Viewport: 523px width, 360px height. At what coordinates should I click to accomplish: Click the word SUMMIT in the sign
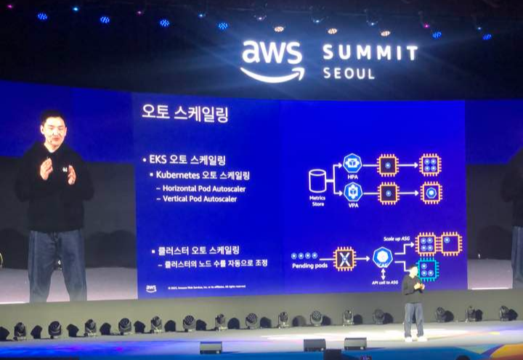tap(370, 53)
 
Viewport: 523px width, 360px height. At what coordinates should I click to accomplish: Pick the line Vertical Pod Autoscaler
tap(200, 198)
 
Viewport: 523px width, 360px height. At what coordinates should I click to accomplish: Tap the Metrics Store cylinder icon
tap(317, 181)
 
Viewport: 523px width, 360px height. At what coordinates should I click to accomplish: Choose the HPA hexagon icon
tap(353, 165)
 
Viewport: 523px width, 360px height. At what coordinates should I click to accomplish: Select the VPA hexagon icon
tap(353, 192)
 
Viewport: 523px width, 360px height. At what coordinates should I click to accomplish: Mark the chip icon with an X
tap(344, 257)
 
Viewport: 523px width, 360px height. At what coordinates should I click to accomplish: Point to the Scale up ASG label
tap(400, 237)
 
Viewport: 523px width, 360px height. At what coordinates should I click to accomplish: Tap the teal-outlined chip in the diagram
tap(428, 269)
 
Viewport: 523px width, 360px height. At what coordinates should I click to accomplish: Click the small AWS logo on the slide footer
tap(151, 288)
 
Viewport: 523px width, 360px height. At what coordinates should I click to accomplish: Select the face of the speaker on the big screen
tap(52, 131)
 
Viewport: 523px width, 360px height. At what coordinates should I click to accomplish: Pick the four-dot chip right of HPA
tap(430, 165)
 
